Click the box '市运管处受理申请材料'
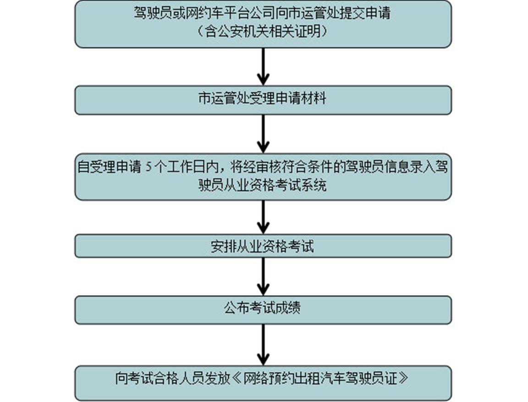[263, 100]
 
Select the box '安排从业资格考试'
[263, 246]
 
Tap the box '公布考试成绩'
[263, 310]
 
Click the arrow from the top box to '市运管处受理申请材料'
[263, 66]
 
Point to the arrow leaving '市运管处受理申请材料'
[263, 134]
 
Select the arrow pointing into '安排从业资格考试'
[263, 217]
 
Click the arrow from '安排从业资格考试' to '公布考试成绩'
[263, 277]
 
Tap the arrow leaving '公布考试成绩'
[263, 345]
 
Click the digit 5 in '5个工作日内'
[149, 167]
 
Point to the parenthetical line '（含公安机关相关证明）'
[263, 32]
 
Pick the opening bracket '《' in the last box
[238, 378]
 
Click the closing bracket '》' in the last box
[403, 378]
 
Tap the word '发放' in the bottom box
[218, 378]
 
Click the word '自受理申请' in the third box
[110, 167]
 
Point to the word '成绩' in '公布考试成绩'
[288, 308]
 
